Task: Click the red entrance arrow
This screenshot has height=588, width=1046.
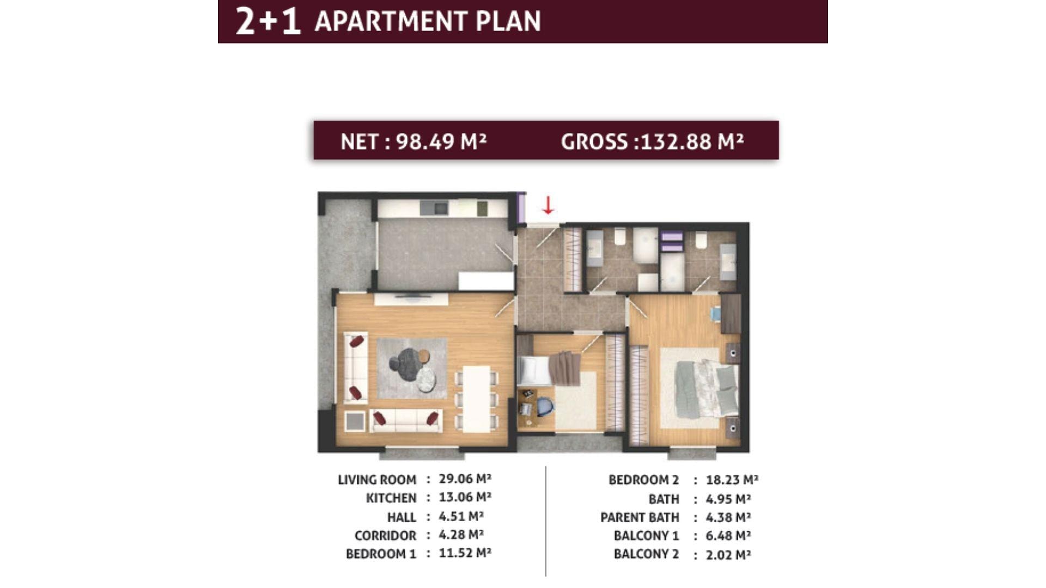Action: [548, 205]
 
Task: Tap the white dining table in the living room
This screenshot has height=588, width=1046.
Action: [477, 399]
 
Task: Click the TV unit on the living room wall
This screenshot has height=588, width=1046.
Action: [411, 299]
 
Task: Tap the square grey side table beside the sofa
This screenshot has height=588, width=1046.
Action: [355, 421]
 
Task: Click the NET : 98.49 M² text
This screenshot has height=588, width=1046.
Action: [413, 142]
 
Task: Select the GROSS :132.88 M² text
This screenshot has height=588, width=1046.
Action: [652, 142]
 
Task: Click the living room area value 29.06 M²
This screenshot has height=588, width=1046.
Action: [465, 479]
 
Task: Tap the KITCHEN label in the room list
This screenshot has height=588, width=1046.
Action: [391, 498]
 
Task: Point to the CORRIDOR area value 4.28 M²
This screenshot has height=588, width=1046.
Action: [461, 535]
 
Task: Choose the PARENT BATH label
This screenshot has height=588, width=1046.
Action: [640, 517]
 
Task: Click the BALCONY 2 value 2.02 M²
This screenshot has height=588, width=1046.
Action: [728, 554]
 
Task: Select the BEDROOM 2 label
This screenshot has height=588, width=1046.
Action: [643, 480]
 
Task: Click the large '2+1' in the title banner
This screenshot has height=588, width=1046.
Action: [268, 21]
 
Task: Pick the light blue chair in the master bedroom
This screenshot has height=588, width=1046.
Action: [716, 314]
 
